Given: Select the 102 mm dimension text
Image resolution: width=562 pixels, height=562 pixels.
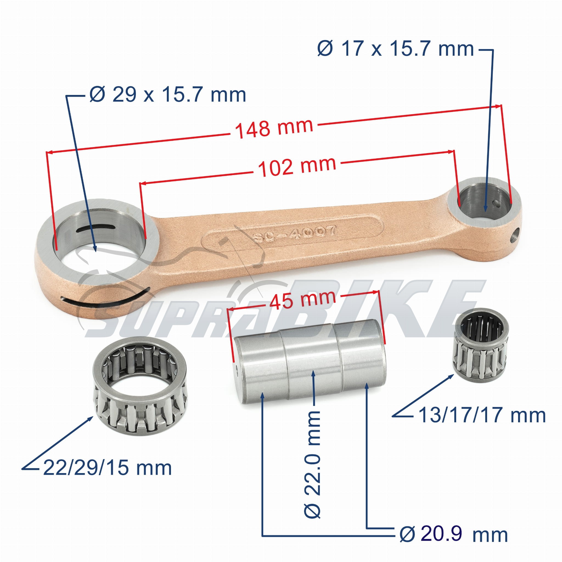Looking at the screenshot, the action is click(297, 167).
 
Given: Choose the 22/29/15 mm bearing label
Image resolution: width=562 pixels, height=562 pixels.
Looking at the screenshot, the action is click(107, 468).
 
